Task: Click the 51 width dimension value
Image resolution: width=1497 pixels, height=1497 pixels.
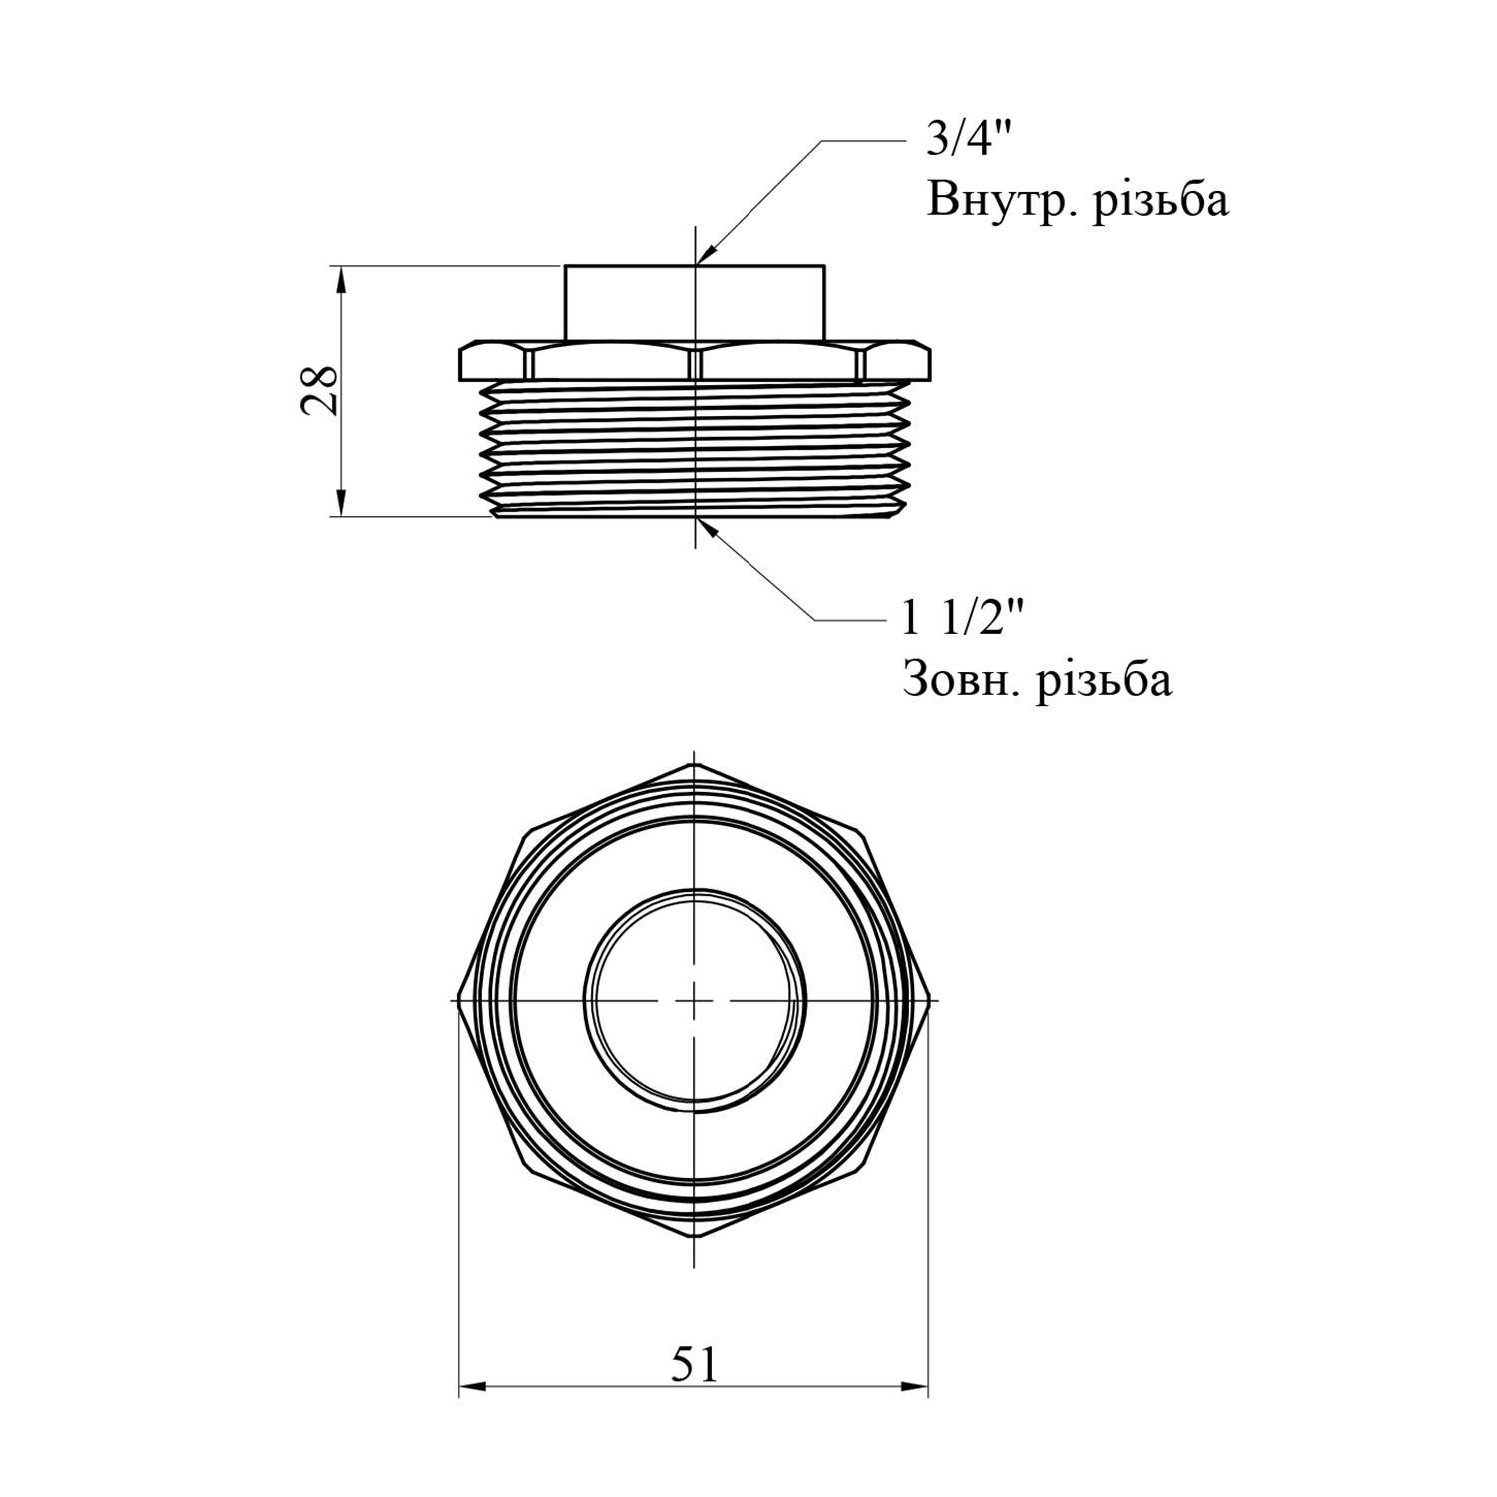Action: click(x=694, y=1364)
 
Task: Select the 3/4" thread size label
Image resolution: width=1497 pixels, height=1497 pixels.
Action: click(x=961, y=141)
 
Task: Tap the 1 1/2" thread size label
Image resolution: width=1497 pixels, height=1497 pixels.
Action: click(x=963, y=620)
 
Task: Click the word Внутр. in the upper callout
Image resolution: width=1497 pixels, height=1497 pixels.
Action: click(x=1002, y=200)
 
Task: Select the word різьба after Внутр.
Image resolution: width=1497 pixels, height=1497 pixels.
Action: click(x=1160, y=200)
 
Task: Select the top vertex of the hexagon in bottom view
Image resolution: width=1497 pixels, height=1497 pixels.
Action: click(x=694, y=765)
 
